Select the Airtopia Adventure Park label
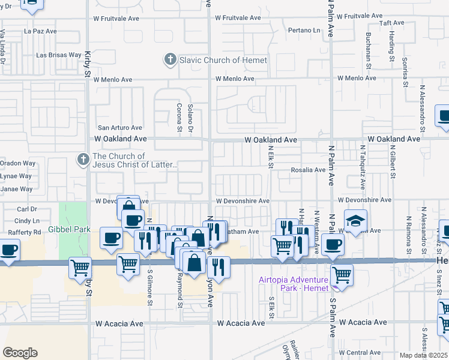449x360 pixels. [x=294, y=284]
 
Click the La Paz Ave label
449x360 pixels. [x=40, y=31]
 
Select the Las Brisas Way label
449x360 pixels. [x=58, y=55]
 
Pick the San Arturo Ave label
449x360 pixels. [x=120, y=128]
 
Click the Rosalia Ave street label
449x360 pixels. [x=308, y=170]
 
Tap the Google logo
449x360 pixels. [x=20, y=353]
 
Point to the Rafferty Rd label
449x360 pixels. [x=20, y=232]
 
